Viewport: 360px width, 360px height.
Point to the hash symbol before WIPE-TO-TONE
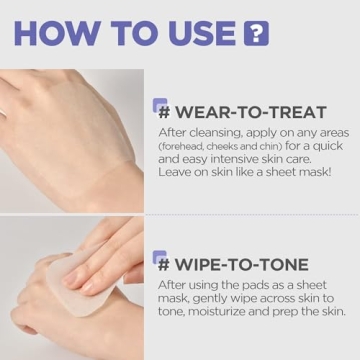(x=162, y=267)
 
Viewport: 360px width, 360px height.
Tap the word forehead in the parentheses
(x=182, y=146)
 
